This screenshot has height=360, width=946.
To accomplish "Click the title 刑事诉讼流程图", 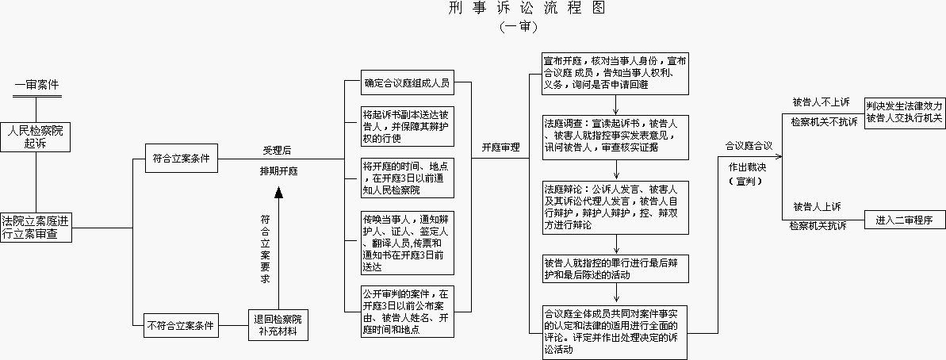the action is click(x=527, y=8).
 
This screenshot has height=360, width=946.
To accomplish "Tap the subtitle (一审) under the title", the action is click(x=519, y=26).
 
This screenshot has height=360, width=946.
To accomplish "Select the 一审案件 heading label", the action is click(x=37, y=84).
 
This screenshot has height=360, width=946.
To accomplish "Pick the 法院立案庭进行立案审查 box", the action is click(x=36, y=228).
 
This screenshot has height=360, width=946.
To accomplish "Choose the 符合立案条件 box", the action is click(x=182, y=158).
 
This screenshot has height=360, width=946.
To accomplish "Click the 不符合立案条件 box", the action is click(x=182, y=326).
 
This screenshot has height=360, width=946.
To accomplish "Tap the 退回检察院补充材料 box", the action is click(x=278, y=325).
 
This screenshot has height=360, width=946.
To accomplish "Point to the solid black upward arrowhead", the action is click(x=278, y=193).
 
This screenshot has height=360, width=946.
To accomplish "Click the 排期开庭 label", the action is click(x=279, y=171).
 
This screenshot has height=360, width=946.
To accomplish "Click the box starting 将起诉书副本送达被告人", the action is click(x=408, y=126).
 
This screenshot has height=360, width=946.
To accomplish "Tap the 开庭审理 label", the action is click(x=500, y=147).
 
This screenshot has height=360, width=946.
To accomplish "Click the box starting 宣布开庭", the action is click(x=615, y=74).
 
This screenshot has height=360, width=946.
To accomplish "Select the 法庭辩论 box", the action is click(x=615, y=207).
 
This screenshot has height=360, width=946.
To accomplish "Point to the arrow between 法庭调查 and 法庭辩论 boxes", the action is click(x=616, y=170).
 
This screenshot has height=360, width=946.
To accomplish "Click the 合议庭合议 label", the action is click(x=748, y=146).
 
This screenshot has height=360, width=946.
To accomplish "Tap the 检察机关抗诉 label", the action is click(x=818, y=225).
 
